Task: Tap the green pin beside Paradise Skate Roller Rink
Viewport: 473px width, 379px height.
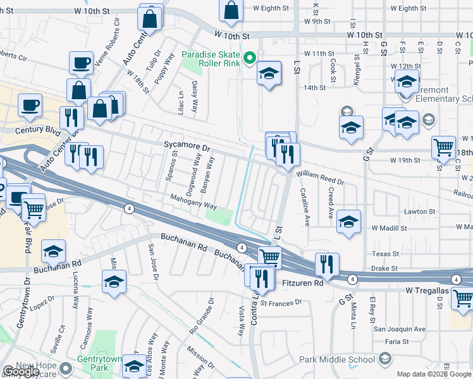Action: tap(250, 59)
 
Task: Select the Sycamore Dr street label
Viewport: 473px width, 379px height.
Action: tap(186, 146)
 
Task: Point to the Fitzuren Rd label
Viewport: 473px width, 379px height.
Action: tap(302, 284)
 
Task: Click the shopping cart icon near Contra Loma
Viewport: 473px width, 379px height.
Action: tap(269, 257)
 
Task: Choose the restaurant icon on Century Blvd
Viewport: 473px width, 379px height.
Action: tap(71, 117)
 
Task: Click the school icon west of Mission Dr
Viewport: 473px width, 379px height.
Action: tap(114, 282)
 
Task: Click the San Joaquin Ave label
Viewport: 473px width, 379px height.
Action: tap(399, 329)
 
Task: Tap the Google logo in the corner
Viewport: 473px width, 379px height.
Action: tap(20, 371)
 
